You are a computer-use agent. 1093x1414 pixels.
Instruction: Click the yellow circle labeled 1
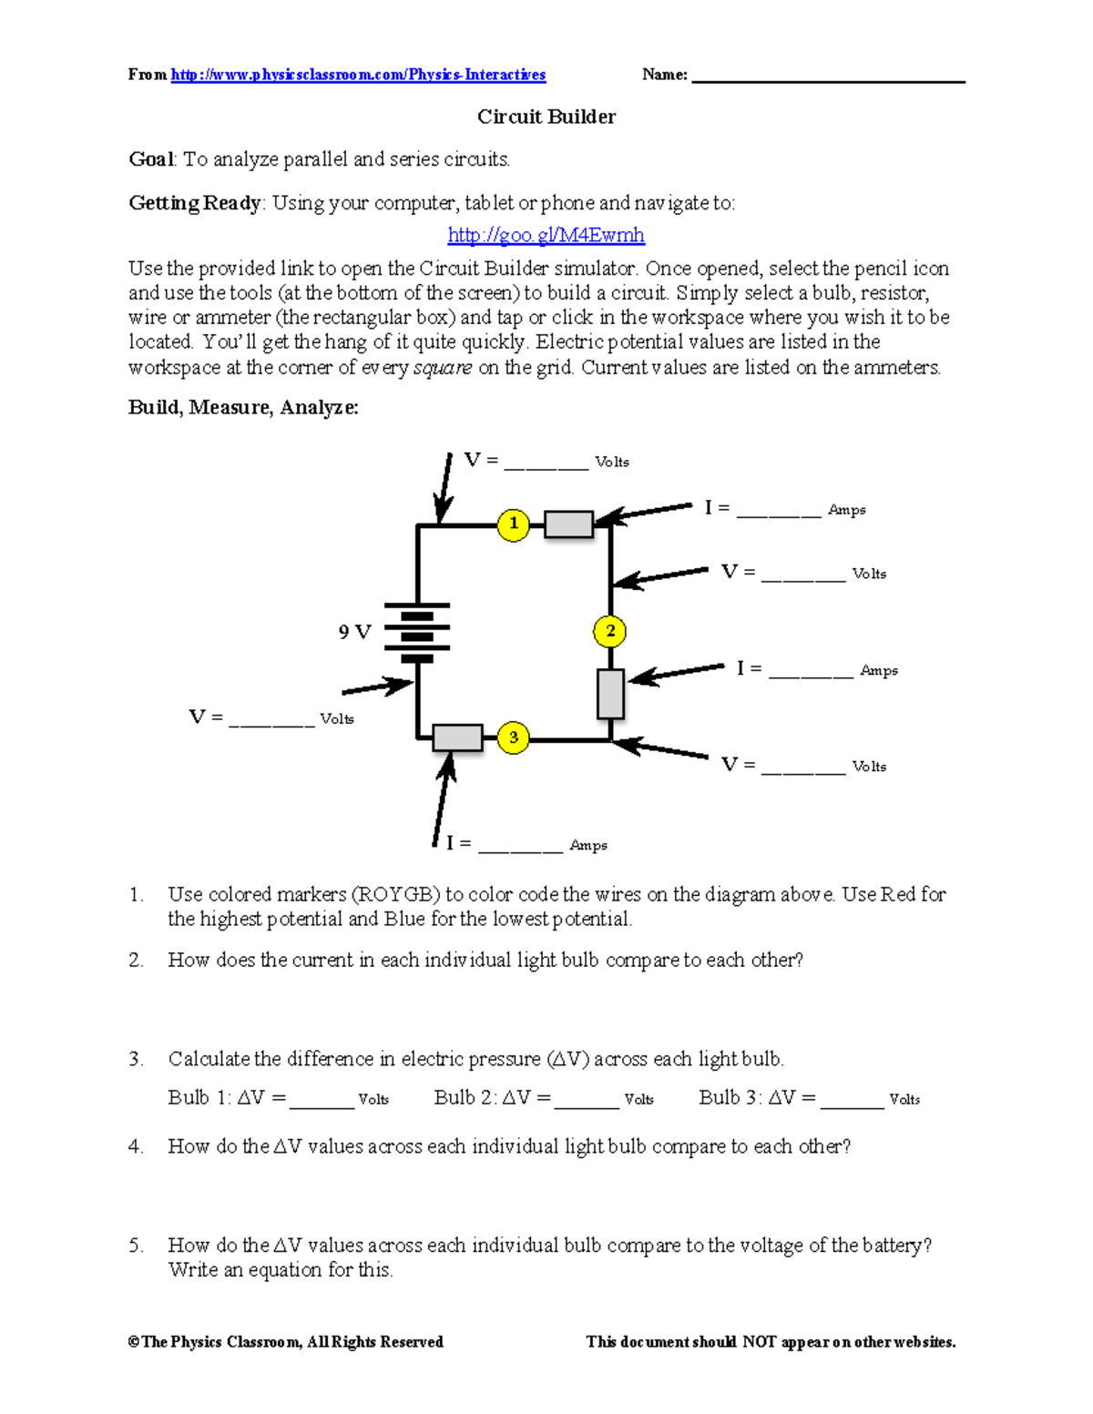tap(514, 524)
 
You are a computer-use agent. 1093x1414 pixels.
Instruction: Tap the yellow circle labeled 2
tap(610, 631)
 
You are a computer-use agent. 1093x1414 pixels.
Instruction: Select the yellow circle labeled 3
tap(514, 738)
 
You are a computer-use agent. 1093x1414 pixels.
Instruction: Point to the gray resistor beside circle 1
tap(568, 524)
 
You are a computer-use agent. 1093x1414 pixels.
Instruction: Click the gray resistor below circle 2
tap(610, 694)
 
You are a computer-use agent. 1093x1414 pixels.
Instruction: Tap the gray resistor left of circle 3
tap(457, 738)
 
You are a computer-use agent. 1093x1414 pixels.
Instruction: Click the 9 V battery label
tap(354, 632)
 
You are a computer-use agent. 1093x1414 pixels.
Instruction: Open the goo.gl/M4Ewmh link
tap(546, 236)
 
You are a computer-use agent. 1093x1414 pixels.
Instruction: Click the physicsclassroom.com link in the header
tap(358, 75)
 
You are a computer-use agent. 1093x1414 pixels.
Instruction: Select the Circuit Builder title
tap(546, 117)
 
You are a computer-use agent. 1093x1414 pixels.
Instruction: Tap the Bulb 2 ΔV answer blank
tap(587, 1100)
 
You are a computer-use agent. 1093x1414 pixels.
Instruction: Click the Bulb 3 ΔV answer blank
tap(852, 1100)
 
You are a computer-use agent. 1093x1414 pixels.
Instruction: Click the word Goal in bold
tap(150, 159)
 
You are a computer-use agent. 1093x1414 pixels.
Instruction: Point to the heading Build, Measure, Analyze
tap(243, 408)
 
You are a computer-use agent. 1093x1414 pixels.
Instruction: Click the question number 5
tap(136, 1246)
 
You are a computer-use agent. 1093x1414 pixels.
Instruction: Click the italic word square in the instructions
tap(443, 368)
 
